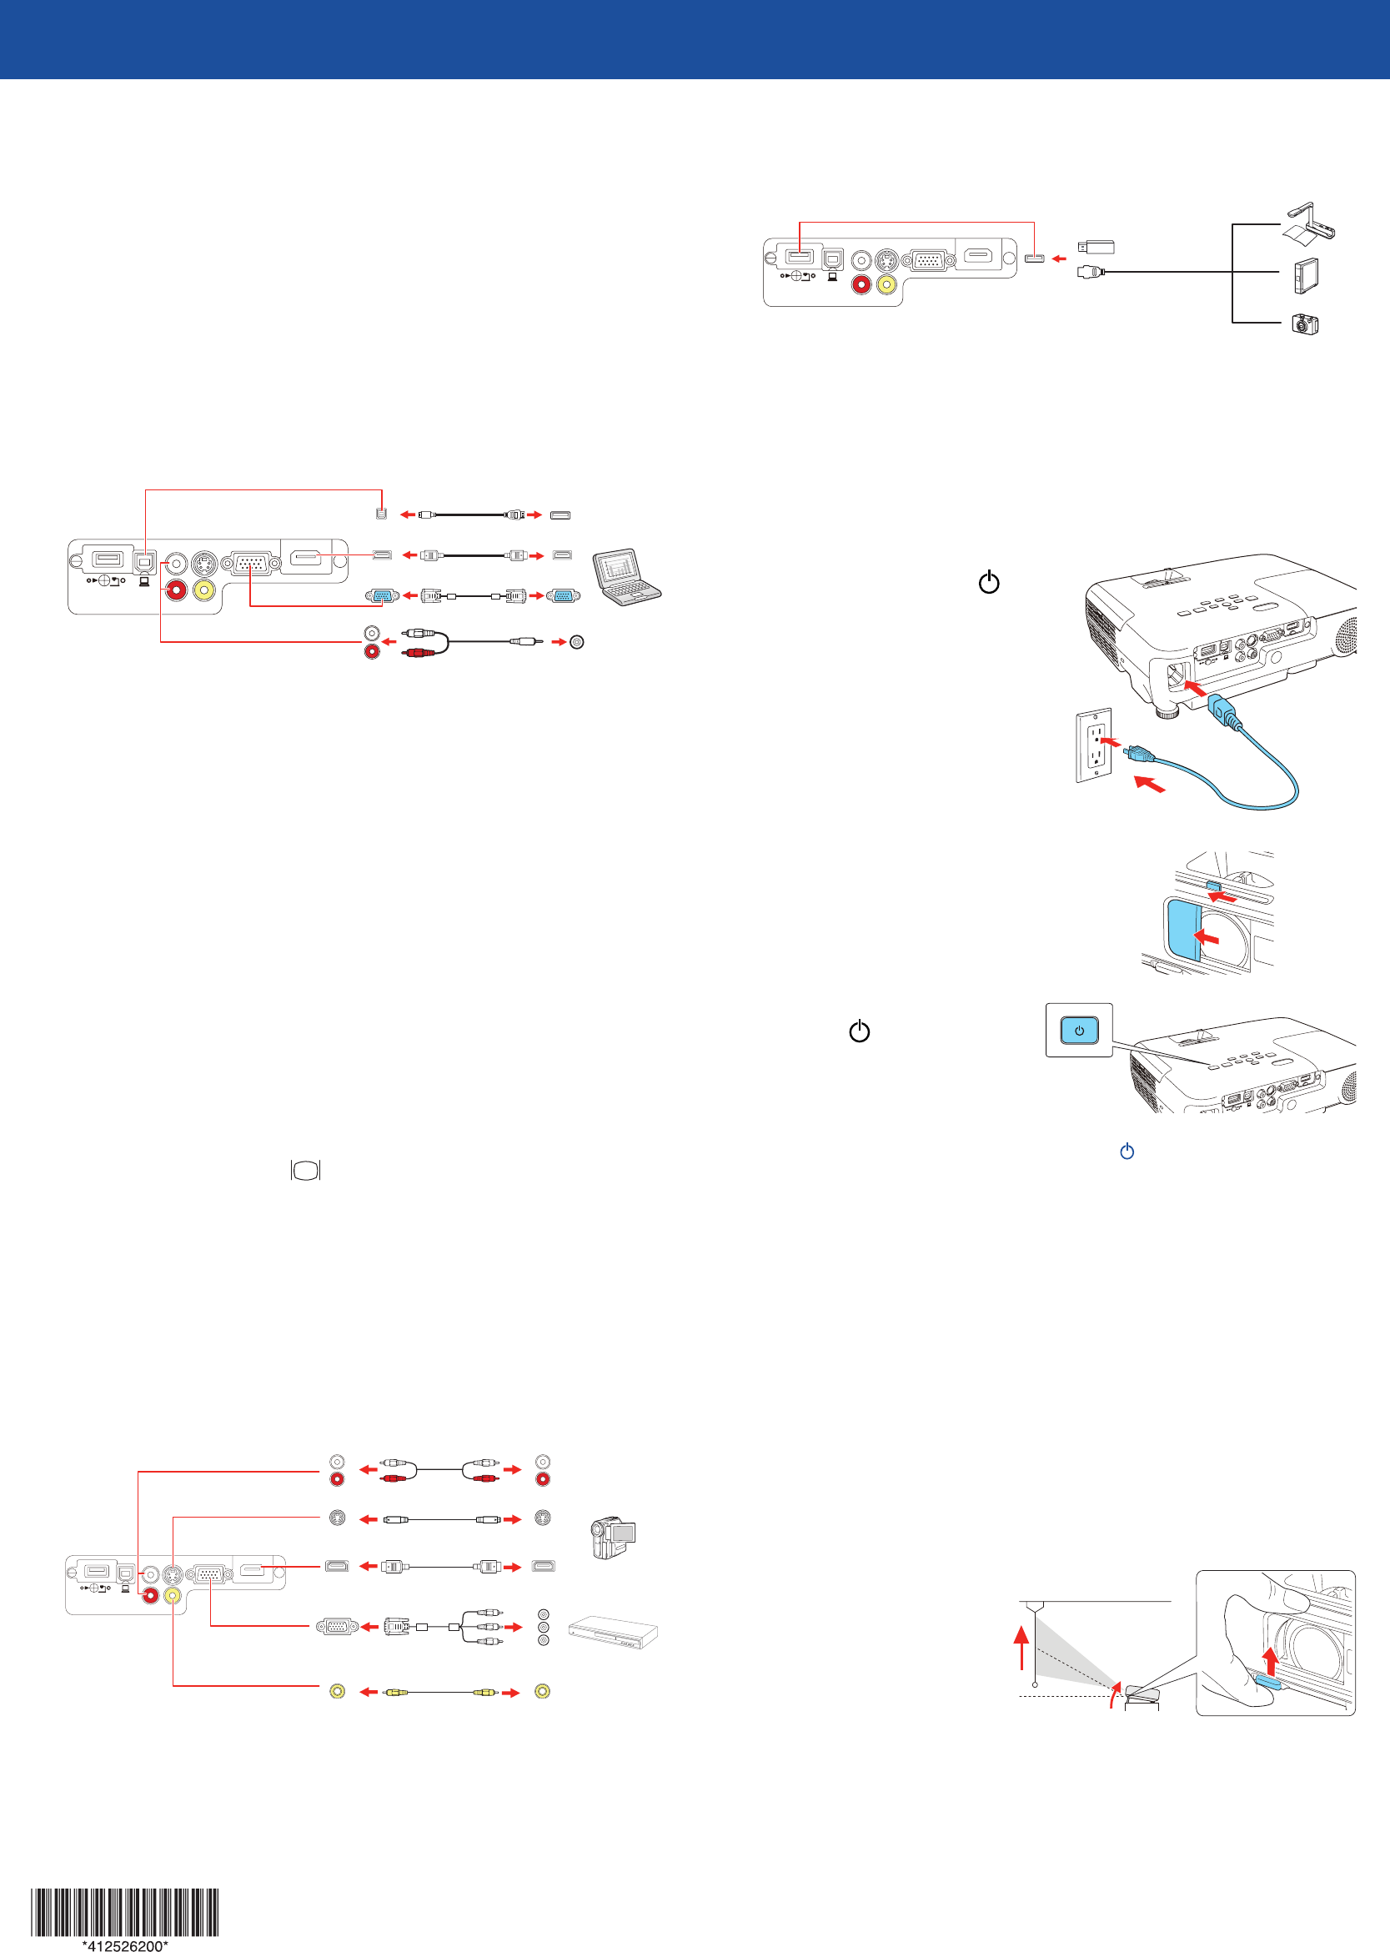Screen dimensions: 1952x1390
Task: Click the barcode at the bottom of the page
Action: click(x=125, y=1911)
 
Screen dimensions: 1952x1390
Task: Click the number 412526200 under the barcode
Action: click(x=125, y=1945)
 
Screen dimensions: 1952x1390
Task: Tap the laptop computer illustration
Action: click(x=626, y=577)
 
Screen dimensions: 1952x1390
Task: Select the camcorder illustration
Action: click(x=613, y=1538)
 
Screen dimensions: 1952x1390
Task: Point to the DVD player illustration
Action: click(x=613, y=1632)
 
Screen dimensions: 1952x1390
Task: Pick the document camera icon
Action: click(x=1308, y=224)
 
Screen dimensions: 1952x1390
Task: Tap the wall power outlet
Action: click(x=1094, y=745)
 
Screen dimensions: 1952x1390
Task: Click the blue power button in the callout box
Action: click(x=1078, y=1031)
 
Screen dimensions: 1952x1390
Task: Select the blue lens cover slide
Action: click(x=1182, y=930)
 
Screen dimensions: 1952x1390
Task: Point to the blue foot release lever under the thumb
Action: click(x=1267, y=1684)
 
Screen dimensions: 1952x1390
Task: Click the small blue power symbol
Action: click(x=1127, y=1152)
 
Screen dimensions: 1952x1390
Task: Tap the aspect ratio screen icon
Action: click(x=305, y=1170)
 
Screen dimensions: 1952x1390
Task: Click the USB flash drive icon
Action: click(x=1096, y=248)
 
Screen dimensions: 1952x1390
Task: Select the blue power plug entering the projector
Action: click(x=1223, y=710)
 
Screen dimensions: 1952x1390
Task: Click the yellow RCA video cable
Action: click(x=440, y=1692)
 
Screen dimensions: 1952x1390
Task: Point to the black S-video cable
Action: click(x=441, y=1519)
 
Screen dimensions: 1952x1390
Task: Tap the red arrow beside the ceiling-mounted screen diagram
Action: click(x=1021, y=1648)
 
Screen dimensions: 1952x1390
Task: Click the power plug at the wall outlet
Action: click(x=1136, y=753)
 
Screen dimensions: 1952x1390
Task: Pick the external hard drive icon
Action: click(x=1305, y=275)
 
